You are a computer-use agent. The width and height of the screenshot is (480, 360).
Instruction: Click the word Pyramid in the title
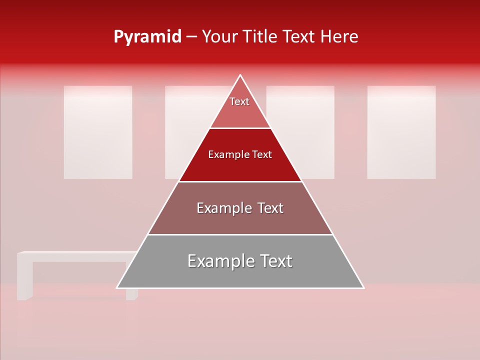[x=147, y=37]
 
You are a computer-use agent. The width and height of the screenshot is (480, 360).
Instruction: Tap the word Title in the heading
[x=261, y=37]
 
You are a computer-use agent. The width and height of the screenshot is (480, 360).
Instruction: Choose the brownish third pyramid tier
[x=240, y=220]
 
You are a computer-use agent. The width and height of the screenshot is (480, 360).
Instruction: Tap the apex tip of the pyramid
[x=240, y=76]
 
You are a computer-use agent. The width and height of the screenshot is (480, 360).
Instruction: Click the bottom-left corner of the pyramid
[x=118, y=287]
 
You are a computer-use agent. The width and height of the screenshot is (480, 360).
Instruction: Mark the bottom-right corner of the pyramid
[x=362, y=287]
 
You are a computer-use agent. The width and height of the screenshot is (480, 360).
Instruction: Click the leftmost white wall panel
[x=98, y=132]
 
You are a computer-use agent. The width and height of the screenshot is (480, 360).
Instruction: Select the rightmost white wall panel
[x=401, y=132]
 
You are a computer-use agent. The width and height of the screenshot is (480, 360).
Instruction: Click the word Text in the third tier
[x=267, y=208]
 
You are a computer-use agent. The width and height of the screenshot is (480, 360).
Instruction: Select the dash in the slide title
[x=191, y=37]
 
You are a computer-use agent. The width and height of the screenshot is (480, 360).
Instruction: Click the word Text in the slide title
[x=299, y=37]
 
